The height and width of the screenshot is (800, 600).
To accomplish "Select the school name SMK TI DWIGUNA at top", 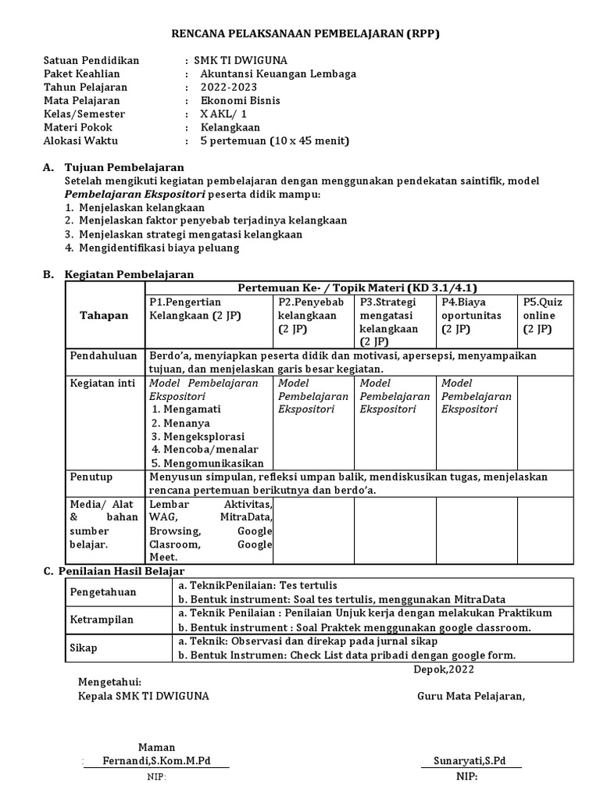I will [x=237, y=60].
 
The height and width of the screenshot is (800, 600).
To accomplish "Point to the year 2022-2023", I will [x=227, y=87].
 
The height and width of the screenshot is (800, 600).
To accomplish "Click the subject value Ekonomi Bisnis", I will [x=240, y=100].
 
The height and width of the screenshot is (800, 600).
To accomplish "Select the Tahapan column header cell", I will [x=104, y=315].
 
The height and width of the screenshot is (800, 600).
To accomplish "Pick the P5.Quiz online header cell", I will [x=543, y=315].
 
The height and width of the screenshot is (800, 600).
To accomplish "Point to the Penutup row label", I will [x=91, y=477].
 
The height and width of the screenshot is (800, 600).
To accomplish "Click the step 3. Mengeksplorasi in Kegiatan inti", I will [x=198, y=436].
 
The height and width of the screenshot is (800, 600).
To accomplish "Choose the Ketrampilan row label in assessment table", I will [x=102, y=620].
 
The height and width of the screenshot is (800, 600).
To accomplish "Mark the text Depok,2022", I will [x=443, y=669].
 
